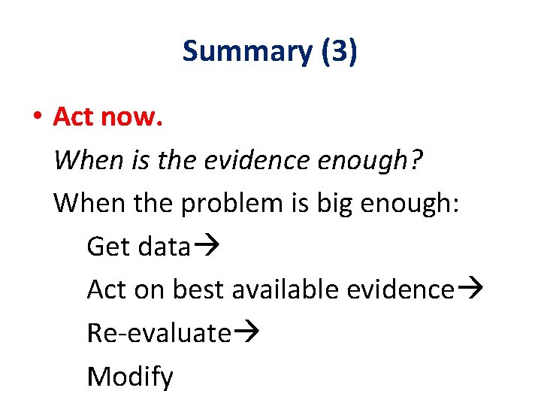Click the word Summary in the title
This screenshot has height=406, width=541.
pos(246,52)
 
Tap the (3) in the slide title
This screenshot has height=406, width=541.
pos(339,52)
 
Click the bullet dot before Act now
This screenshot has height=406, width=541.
pos(35,118)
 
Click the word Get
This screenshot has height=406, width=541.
pos(109,246)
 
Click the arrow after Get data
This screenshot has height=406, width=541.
pos(204,247)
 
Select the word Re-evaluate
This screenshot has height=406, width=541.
pos(159,332)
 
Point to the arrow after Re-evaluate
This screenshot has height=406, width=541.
pos(246,333)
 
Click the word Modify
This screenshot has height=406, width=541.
pos(130,376)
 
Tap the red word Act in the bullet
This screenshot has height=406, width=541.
pos(73,117)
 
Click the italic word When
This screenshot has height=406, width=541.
pos(83,159)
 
